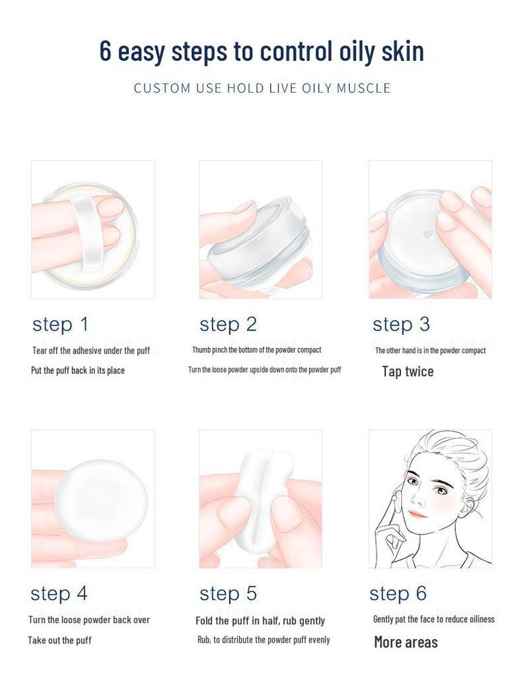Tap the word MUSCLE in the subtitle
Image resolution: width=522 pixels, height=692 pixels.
point(363,88)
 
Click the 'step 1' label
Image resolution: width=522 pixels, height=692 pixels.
point(60,324)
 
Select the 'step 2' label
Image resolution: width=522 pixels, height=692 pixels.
point(228,324)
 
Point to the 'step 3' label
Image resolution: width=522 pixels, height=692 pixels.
point(400,324)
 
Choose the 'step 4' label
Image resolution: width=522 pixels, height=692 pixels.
point(59,593)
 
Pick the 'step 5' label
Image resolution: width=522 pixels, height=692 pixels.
point(228,593)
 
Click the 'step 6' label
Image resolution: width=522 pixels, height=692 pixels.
point(398,593)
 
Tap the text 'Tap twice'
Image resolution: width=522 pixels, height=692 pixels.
point(408,372)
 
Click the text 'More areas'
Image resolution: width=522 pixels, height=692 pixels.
point(406,642)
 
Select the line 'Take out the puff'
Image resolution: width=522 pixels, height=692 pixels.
point(59,640)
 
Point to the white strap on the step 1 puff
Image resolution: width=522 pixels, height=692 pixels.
point(89,230)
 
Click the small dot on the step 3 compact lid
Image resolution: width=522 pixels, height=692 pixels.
point(426,232)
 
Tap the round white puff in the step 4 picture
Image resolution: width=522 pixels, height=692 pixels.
point(101,501)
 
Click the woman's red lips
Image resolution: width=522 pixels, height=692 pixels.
point(418,514)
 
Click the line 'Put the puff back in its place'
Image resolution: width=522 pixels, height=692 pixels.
point(78,370)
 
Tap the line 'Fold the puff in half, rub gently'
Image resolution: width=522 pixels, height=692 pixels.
point(260,620)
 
